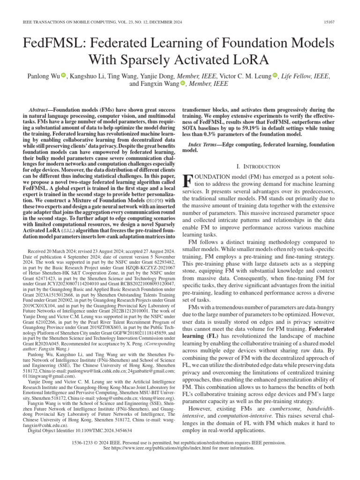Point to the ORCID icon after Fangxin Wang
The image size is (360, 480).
tap(183, 84)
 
